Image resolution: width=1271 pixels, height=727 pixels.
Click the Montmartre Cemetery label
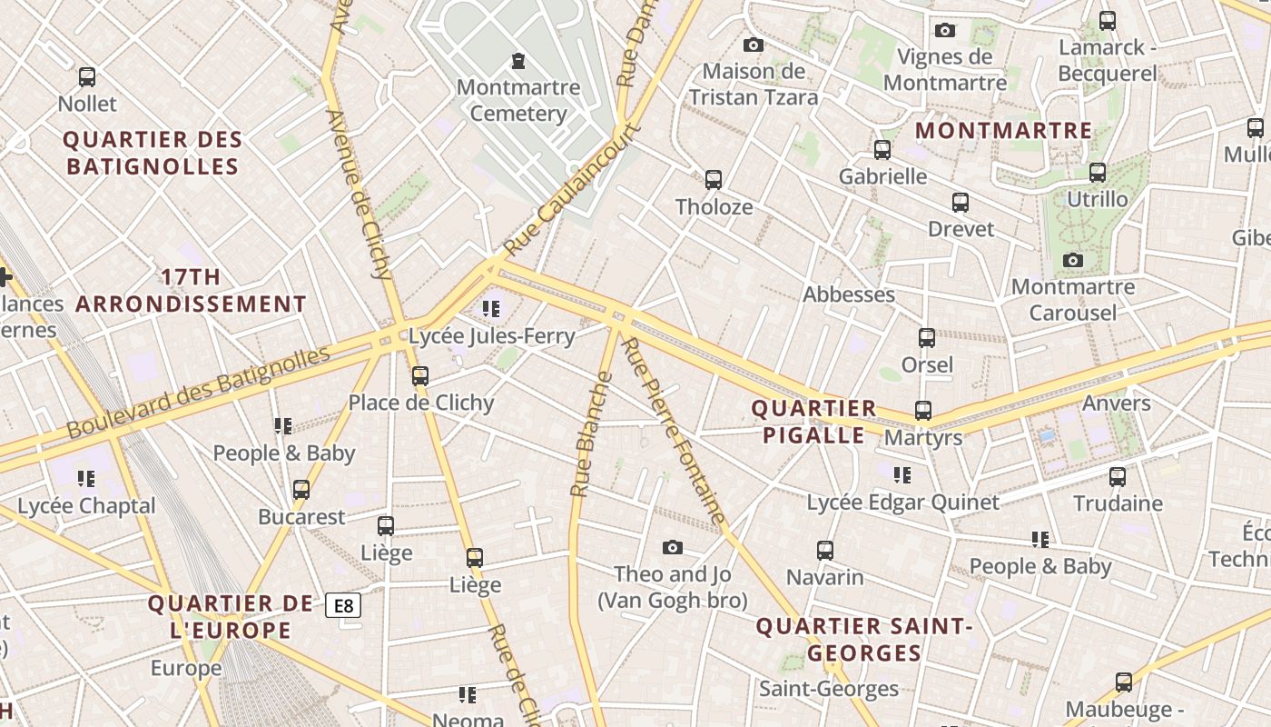[x=518, y=100]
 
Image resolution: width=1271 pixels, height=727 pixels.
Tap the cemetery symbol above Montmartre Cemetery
[x=518, y=61]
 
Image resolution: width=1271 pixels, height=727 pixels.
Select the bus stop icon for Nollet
[x=87, y=77]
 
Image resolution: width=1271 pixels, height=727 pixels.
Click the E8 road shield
[x=343, y=605]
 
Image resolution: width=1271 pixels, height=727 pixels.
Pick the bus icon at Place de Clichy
[x=419, y=375]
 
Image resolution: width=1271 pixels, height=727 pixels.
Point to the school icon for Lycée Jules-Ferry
[x=491, y=309]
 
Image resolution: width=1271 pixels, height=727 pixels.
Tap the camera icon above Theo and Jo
[x=672, y=547]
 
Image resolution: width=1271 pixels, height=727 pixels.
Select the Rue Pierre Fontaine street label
[x=675, y=432]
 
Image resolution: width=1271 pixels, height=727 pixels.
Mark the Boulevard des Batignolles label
[x=198, y=391]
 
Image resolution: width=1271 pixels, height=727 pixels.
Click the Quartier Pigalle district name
[x=814, y=422]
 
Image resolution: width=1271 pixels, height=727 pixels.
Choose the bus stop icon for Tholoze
[x=714, y=179]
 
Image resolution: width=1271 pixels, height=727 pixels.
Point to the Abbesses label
[x=849, y=294]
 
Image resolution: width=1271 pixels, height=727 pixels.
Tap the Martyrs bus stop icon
[x=923, y=410]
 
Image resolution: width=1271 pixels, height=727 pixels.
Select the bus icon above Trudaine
[x=1118, y=476]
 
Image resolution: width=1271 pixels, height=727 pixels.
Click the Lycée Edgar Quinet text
[x=903, y=503]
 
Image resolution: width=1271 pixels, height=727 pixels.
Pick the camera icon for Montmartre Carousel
[x=1072, y=261]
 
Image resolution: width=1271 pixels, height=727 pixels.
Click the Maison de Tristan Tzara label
[x=754, y=84]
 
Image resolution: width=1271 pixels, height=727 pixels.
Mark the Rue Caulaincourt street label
[x=573, y=189]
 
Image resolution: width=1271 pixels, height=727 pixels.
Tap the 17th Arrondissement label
[x=191, y=291]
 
